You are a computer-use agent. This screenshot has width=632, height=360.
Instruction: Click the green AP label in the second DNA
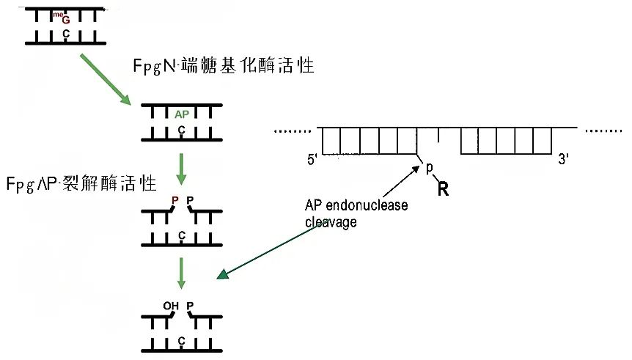(182, 115)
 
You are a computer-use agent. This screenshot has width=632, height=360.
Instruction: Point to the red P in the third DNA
(174, 199)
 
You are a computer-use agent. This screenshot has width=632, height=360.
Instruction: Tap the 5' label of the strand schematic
(315, 159)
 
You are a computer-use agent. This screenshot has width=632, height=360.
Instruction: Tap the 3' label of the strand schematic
(564, 159)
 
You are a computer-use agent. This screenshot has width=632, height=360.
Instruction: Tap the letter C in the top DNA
(65, 33)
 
